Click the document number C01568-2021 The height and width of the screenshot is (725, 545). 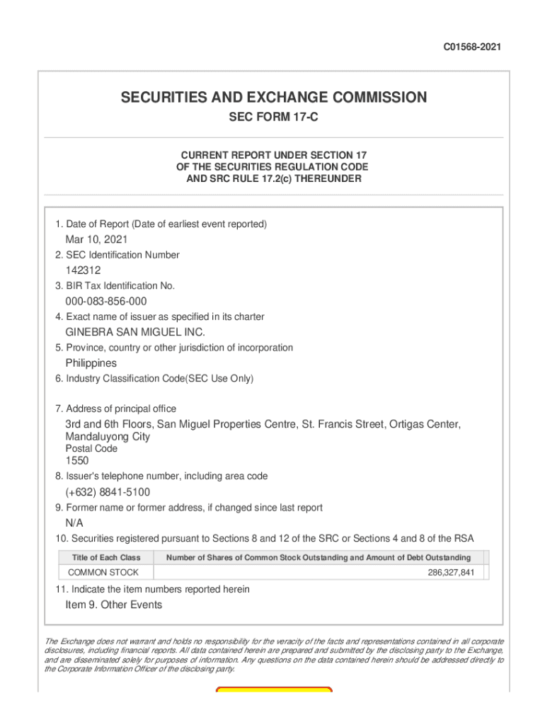[x=473, y=47]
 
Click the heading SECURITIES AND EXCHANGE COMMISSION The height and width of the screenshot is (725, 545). [x=273, y=98]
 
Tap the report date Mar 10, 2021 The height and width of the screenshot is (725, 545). [x=96, y=239]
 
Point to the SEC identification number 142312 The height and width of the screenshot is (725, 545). [x=83, y=270]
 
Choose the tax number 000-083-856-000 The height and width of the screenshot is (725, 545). [x=106, y=302]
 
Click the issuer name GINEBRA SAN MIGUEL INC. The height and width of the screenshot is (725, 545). [x=135, y=332]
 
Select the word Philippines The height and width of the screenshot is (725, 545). [x=91, y=363]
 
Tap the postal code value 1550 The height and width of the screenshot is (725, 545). [x=77, y=461]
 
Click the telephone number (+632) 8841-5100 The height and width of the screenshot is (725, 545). [x=108, y=492]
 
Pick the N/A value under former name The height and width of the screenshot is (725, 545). [x=74, y=523]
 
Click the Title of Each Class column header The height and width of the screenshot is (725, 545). [x=105, y=558]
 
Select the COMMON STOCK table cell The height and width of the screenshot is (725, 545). [x=103, y=572]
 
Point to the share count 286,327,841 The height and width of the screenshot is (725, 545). [x=451, y=572]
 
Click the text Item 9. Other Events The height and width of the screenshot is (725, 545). [x=113, y=605]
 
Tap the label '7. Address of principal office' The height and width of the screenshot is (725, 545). [x=115, y=409]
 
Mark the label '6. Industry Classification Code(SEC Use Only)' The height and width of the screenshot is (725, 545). [x=154, y=379]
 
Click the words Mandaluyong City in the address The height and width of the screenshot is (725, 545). [x=108, y=437]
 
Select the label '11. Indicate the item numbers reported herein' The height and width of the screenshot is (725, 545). [x=151, y=589]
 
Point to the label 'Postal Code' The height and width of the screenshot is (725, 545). [x=91, y=449]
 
